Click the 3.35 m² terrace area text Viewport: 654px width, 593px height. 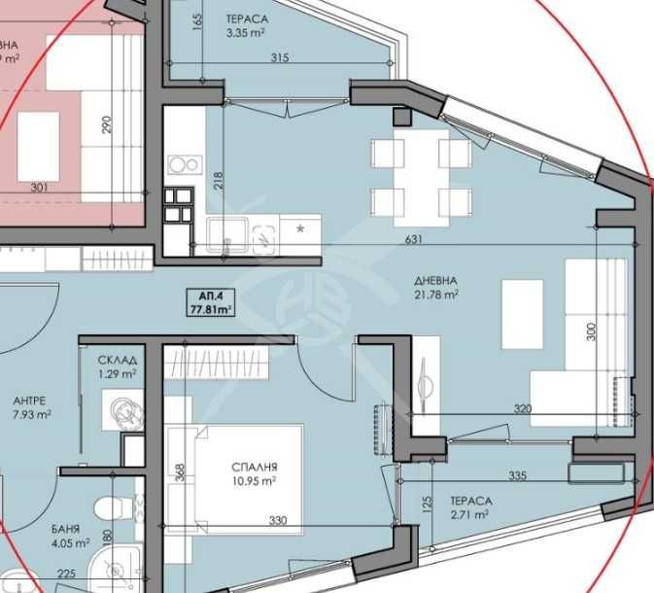point(246,32)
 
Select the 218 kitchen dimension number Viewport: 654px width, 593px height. point(218,181)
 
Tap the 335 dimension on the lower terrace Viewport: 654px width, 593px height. point(518,475)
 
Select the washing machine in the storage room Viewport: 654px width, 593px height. point(123,411)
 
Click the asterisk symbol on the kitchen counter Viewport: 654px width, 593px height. point(299,229)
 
